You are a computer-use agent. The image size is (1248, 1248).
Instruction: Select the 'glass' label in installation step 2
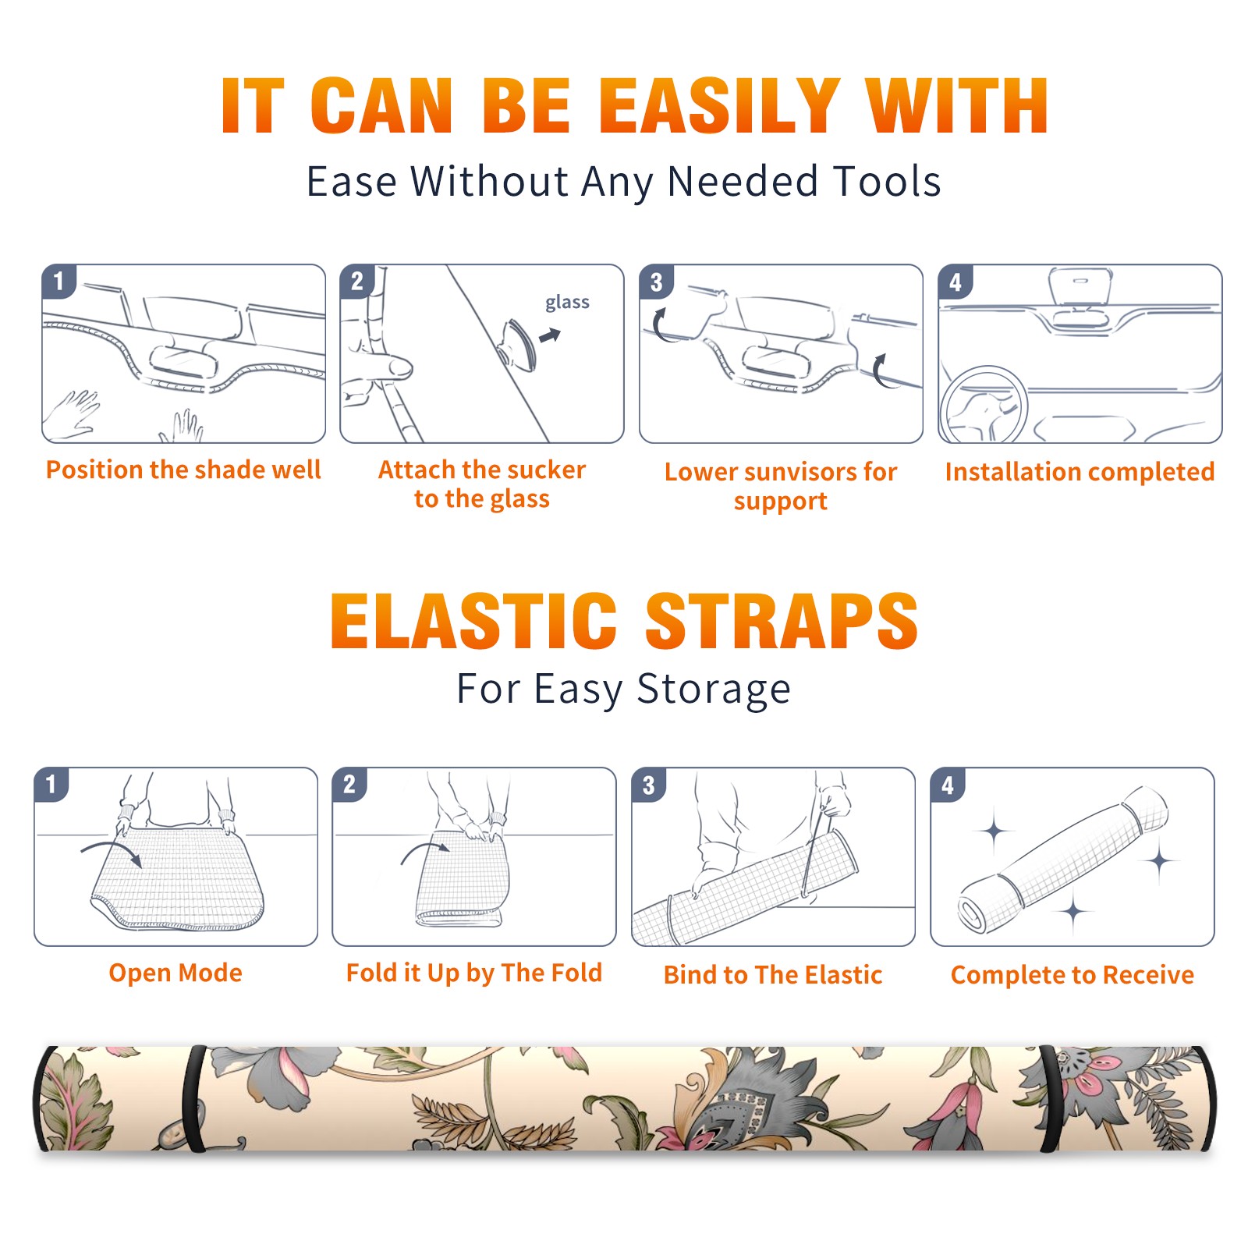(567, 303)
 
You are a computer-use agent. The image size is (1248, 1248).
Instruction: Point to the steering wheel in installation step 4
(984, 405)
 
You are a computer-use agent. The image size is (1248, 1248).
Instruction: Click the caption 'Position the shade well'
(183, 470)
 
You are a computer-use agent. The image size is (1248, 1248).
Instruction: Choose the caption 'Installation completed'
(1080, 472)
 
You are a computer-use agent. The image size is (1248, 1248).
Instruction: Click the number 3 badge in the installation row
(656, 282)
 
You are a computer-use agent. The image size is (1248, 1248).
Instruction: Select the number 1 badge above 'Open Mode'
(51, 784)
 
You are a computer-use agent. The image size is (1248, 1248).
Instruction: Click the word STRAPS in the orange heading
(782, 621)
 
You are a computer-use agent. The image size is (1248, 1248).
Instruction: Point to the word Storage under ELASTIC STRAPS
(714, 690)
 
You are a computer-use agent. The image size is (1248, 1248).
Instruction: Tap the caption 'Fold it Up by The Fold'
(474, 973)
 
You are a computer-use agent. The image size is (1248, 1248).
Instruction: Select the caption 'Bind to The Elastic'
(773, 975)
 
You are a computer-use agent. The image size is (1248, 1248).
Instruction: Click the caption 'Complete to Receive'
(1072, 975)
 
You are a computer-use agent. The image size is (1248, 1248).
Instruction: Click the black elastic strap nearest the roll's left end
(194, 1098)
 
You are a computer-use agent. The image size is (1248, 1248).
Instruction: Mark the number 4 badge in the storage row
(948, 785)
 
